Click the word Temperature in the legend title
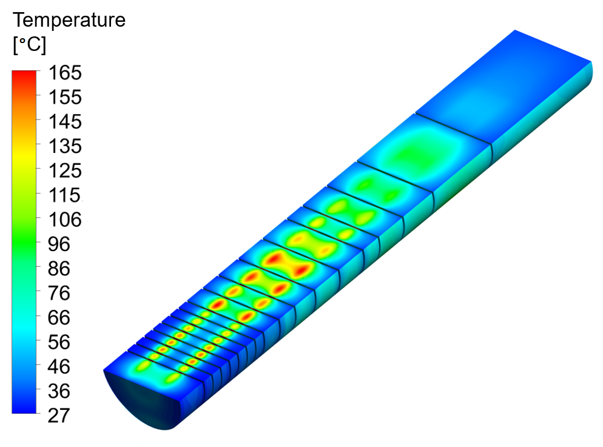69,20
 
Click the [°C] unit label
29,45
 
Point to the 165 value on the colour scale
65,73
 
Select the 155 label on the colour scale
65,97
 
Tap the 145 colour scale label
65,122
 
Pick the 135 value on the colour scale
65,146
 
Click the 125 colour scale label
65,170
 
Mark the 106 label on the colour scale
65,220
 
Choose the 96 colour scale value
59,244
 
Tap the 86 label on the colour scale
59,269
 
